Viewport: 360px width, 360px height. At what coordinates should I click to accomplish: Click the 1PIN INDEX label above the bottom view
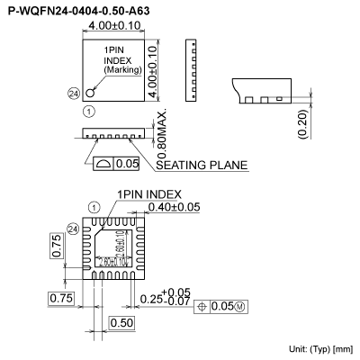(x=148, y=194)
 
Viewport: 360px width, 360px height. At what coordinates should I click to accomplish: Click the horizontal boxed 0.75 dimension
(x=61, y=298)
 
